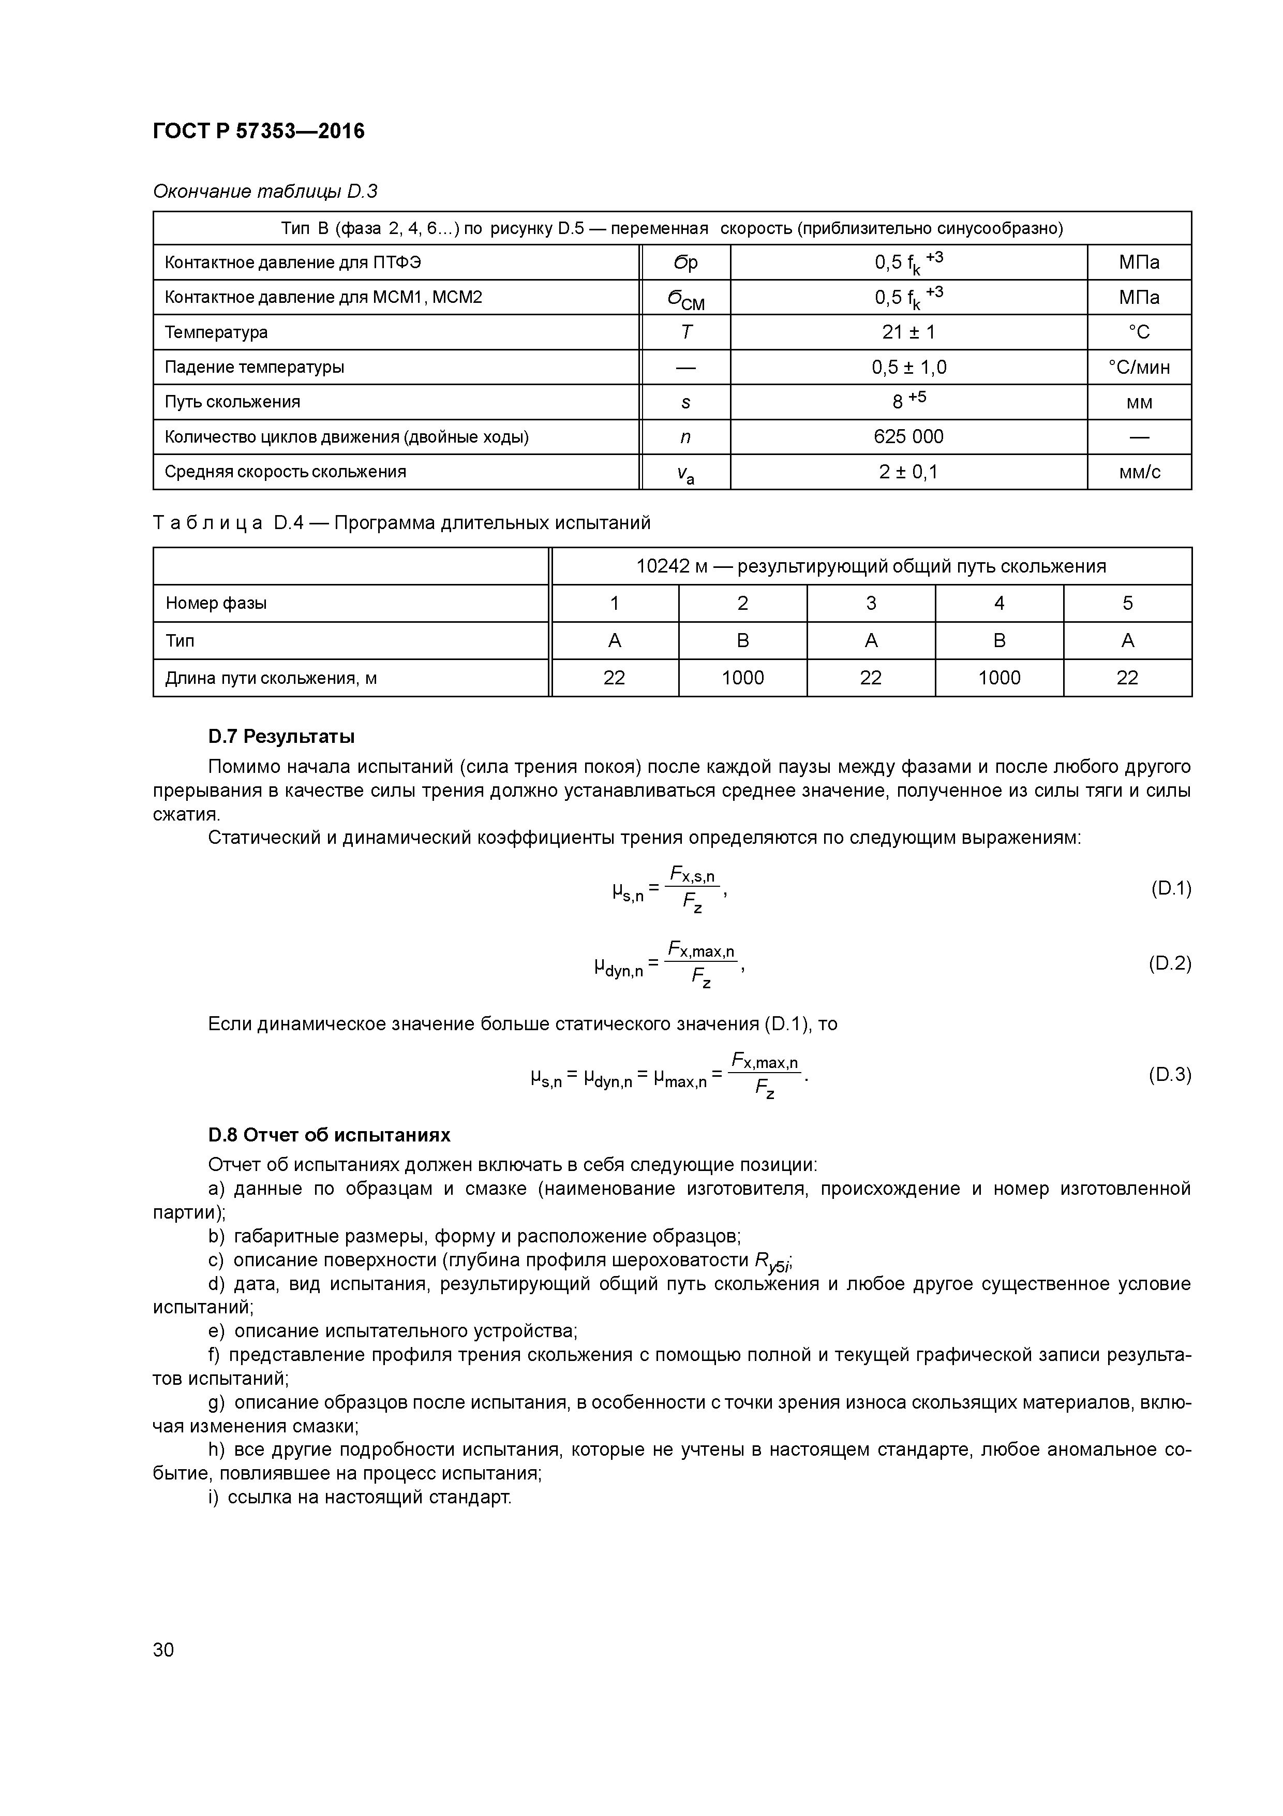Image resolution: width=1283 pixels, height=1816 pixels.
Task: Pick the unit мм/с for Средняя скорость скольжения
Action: pos(1139,472)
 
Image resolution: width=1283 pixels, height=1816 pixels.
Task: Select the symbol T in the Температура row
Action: pos(685,332)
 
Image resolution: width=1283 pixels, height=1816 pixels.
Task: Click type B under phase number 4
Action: pos(998,641)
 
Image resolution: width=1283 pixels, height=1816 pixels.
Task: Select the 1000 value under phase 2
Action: pos(742,678)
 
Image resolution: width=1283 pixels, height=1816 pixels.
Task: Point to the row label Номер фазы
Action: pos(216,604)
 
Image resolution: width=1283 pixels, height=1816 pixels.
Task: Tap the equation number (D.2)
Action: pos(1169,963)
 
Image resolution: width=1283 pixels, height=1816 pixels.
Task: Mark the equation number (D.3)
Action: pos(1169,1075)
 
